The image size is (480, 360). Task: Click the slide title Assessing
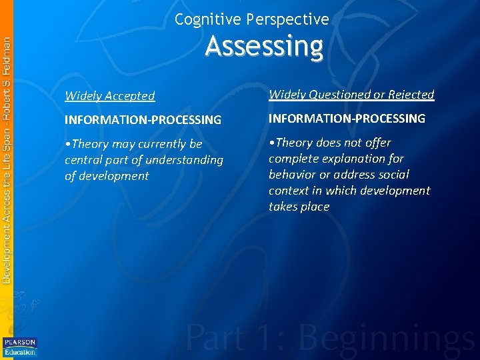click(264, 47)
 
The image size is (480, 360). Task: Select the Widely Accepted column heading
click(110, 96)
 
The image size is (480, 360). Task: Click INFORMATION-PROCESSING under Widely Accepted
click(143, 120)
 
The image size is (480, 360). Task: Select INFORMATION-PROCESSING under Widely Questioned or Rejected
click(347, 119)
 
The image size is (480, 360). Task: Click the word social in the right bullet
click(394, 175)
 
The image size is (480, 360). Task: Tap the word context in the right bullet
click(289, 191)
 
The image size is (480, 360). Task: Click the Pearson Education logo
click(20, 347)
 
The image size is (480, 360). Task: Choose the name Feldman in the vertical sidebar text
click(7, 59)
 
